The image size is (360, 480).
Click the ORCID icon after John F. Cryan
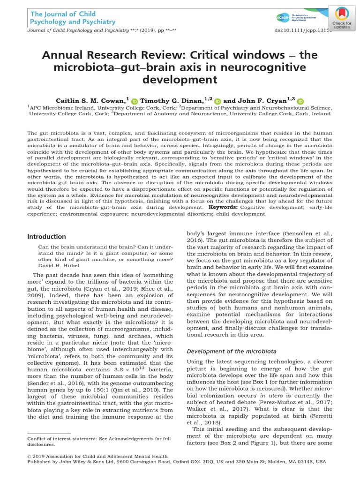pos(300,100)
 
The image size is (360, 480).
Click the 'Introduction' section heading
pos(46,237)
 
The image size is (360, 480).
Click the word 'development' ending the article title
pos(180,80)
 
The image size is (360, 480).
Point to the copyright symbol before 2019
pos(30,455)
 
